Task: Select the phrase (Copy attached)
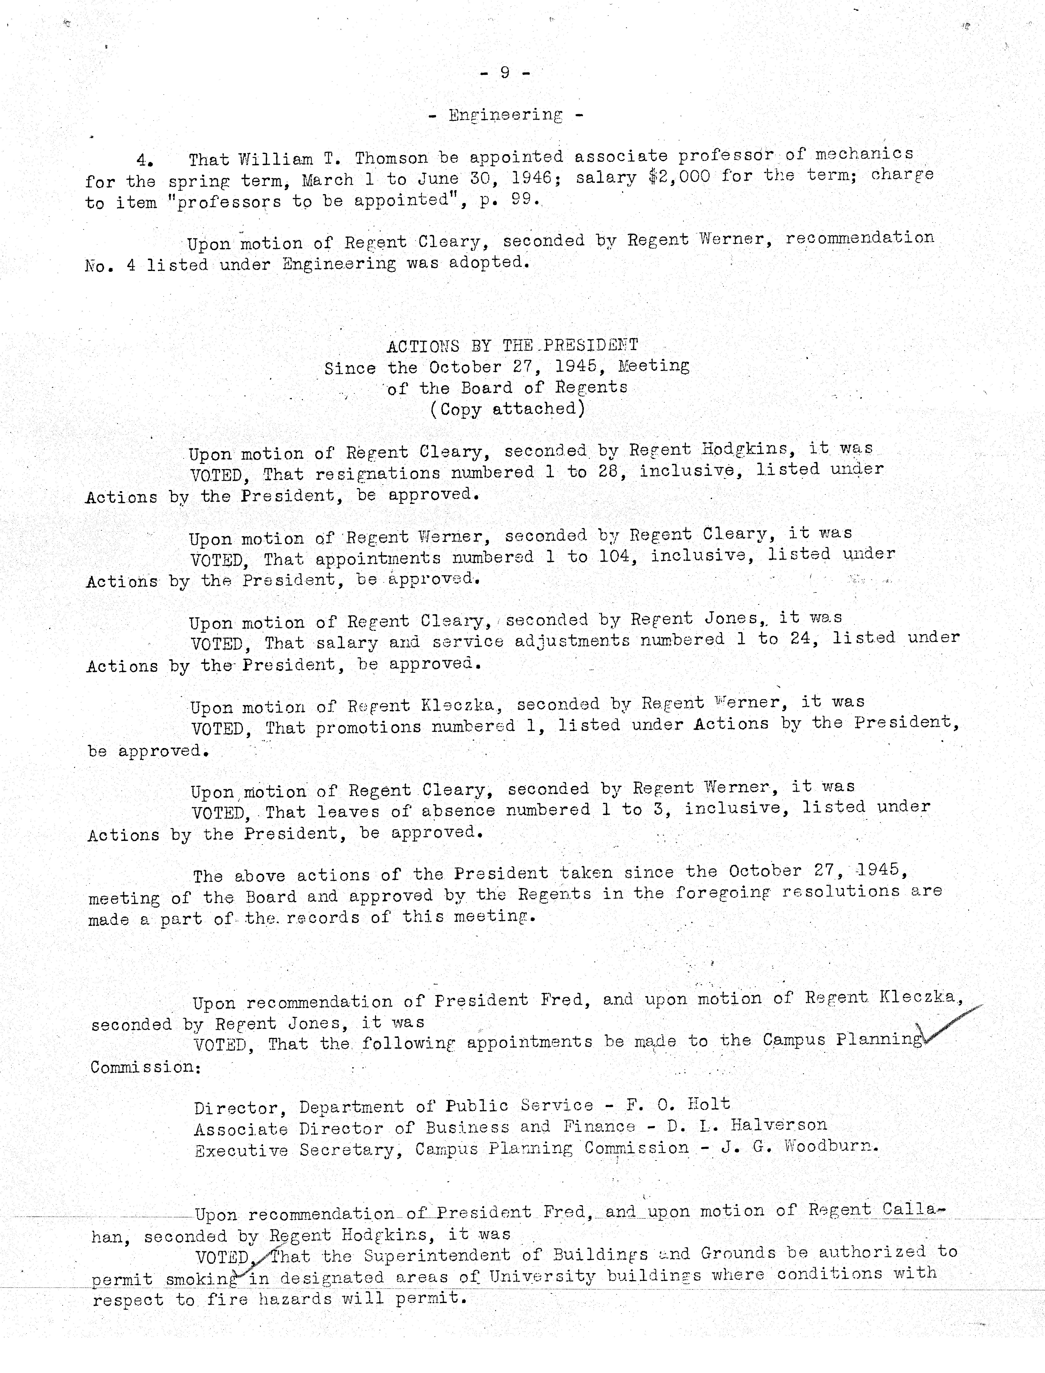pyautogui.click(x=508, y=409)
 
